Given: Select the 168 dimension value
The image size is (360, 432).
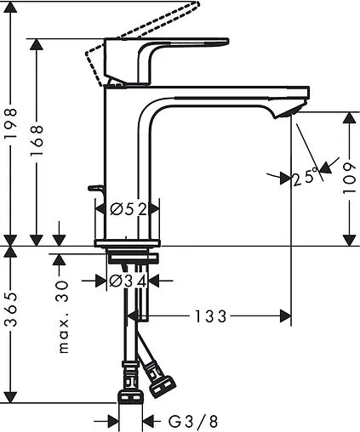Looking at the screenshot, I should (x=37, y=140).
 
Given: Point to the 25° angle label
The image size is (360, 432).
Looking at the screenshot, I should (x=304, y=178).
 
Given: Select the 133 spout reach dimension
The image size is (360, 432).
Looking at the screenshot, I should (x=210, y=316).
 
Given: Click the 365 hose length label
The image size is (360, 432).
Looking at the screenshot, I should (x=11, y=322).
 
